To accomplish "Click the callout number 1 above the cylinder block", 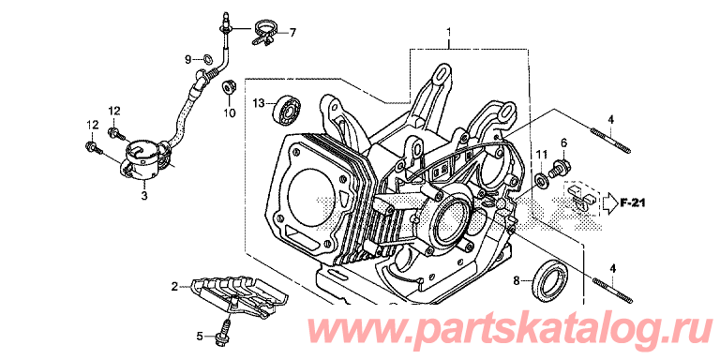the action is [x=449, y=32].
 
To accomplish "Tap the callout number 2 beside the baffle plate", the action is [x=174, y=288].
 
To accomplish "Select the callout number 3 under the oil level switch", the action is [x=143, y=197].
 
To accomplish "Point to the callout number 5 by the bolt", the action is [x=200, y=337].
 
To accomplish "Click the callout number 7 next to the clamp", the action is [x=292, y=33].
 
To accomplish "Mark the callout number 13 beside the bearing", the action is [x=259, y=104].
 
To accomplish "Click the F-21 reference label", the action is [x=632, y=202].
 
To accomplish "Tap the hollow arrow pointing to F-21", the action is [x=608, y=202].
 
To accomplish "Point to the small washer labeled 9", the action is [x=207, y=58].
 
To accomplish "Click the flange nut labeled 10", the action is [x=227, y=87].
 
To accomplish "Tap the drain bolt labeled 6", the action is [x=562, y=167].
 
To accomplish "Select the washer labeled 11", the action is [x=541, y=179].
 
